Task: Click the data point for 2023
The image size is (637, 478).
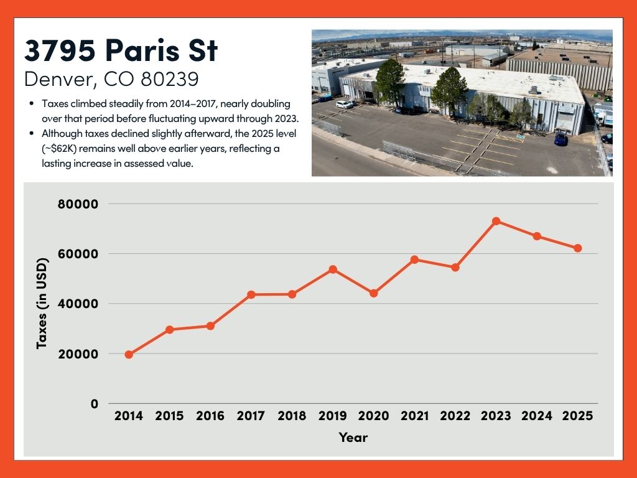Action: [496, 221]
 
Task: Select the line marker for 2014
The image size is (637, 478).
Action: [129, 354]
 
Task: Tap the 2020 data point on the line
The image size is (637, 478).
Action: [374, 293]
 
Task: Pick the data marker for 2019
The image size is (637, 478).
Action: [333, 269]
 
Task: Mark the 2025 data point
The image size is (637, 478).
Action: [578, 248]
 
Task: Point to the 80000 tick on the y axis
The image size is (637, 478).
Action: [77, 204]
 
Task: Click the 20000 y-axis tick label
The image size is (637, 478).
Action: [77, 354]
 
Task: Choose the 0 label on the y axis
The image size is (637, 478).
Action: [95, 404]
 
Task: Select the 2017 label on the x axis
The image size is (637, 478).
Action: [251, 416]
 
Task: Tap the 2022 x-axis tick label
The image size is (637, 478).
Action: [455, 416]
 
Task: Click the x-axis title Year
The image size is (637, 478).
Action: [353, 438]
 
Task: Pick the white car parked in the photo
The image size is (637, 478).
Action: [345, 105]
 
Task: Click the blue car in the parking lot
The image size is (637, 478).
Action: [561, 139]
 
